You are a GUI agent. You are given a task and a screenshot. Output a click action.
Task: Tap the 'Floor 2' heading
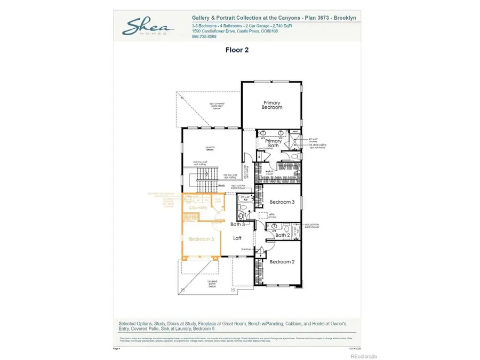[x=238, y=50]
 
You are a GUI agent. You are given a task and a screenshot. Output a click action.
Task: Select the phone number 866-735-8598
[x=204, y=37]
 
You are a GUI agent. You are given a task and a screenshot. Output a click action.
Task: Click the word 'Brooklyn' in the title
[x=344, y=18]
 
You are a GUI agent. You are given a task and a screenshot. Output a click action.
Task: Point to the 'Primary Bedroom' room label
[x=272, y=105]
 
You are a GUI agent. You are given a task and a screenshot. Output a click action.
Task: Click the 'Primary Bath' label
[x=273, y=143]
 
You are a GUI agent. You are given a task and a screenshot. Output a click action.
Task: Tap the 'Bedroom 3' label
[x=282, y=202]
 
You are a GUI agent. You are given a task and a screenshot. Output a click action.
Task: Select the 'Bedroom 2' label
[x=282, y=261]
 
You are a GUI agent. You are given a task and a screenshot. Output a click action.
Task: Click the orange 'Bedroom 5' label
[x=201, y=239]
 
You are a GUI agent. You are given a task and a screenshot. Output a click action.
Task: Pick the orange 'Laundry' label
[x=198, y=207]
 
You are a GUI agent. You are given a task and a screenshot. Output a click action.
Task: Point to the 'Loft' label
[x=238, y=238]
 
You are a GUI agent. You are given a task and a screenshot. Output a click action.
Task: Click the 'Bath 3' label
[x=237, y=224]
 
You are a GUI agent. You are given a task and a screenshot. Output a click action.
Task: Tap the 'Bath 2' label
[x=282, y=235]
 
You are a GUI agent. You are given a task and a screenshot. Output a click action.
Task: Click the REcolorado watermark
[x=363, y=356]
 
